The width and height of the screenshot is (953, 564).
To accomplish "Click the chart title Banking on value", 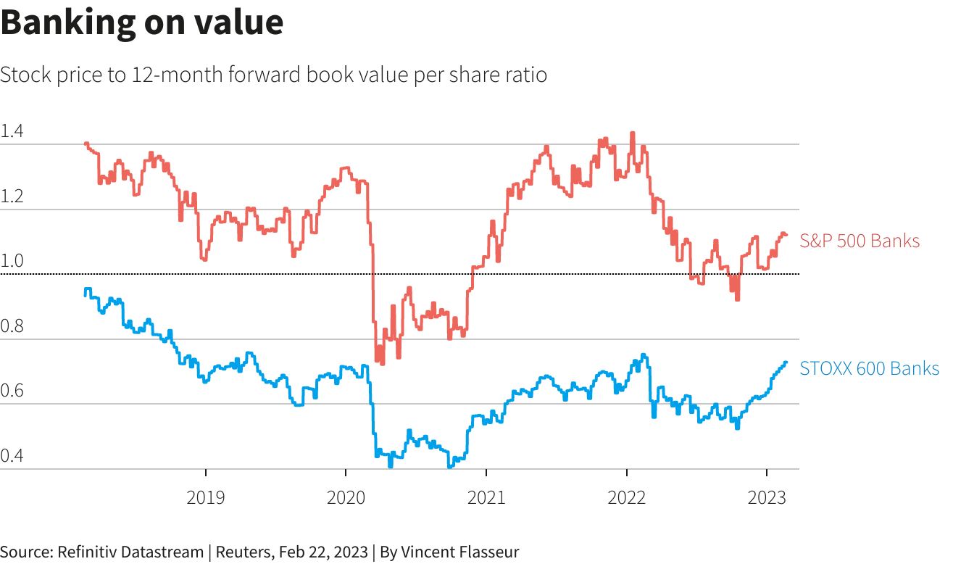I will click(141, 22).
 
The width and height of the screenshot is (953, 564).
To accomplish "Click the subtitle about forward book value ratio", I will click(273, 75).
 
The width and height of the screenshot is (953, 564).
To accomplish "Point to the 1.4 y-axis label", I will click(12, 132).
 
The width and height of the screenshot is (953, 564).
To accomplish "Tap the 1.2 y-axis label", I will click(12, 197).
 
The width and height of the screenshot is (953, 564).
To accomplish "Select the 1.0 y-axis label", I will click(12, 262).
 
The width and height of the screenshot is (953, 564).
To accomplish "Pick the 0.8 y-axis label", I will click(12, 327).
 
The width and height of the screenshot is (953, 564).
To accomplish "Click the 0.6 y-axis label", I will click(12, 391).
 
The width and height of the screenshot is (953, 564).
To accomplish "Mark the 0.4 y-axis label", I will click(12, 457).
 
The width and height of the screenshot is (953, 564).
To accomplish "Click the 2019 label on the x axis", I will click(206, 497).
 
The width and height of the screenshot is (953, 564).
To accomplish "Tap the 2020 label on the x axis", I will click(346, 497).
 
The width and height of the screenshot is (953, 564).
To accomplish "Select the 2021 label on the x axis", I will click(486, 497).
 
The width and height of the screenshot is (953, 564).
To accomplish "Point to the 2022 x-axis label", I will click(626, 497).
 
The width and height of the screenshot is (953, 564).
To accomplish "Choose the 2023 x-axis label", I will click(767, 497).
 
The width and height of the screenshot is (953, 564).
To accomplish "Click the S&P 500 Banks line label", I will click(860, 241).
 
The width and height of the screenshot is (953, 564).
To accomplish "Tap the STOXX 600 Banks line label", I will click(869, 369).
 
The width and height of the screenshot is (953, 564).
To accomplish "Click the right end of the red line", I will click(786, 234).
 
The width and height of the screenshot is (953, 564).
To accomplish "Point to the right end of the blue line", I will click(786, 362).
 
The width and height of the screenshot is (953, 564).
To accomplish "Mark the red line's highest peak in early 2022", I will click(633, 133).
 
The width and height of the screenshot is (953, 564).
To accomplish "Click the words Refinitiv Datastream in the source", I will click(128, 552).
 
